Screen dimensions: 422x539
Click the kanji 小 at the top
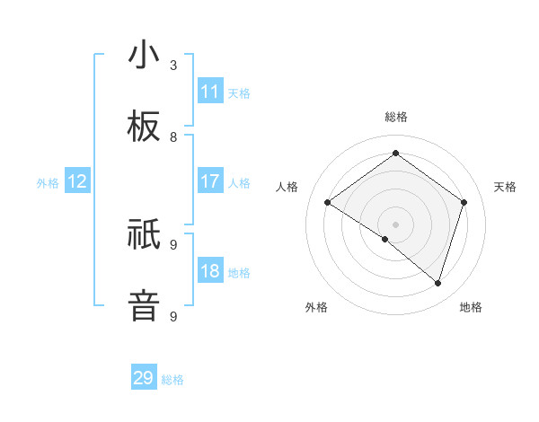(144, 57)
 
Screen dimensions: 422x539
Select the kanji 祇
(144, 236)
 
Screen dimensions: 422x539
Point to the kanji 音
(144, 305)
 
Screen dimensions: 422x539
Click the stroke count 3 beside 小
(173, 65)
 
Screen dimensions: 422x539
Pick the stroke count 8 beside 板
(173, 136)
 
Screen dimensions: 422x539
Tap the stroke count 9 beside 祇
(173, 244)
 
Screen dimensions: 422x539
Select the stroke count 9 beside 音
(173, 316)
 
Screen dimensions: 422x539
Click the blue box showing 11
(210, 92)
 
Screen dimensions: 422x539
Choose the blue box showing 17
(210, 181)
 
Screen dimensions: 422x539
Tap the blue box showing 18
(210, 271)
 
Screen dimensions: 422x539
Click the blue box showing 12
(77, 181)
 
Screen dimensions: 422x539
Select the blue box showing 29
(144, 378)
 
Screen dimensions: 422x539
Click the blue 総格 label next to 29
(173, 380)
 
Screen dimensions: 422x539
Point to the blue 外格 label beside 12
(48, 183)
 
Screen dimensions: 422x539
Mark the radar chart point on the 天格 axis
(464, 203)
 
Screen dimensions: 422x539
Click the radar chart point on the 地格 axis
(438, 283)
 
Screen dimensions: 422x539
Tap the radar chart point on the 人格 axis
(327, 203)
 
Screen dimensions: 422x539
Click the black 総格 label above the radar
(396, 117)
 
